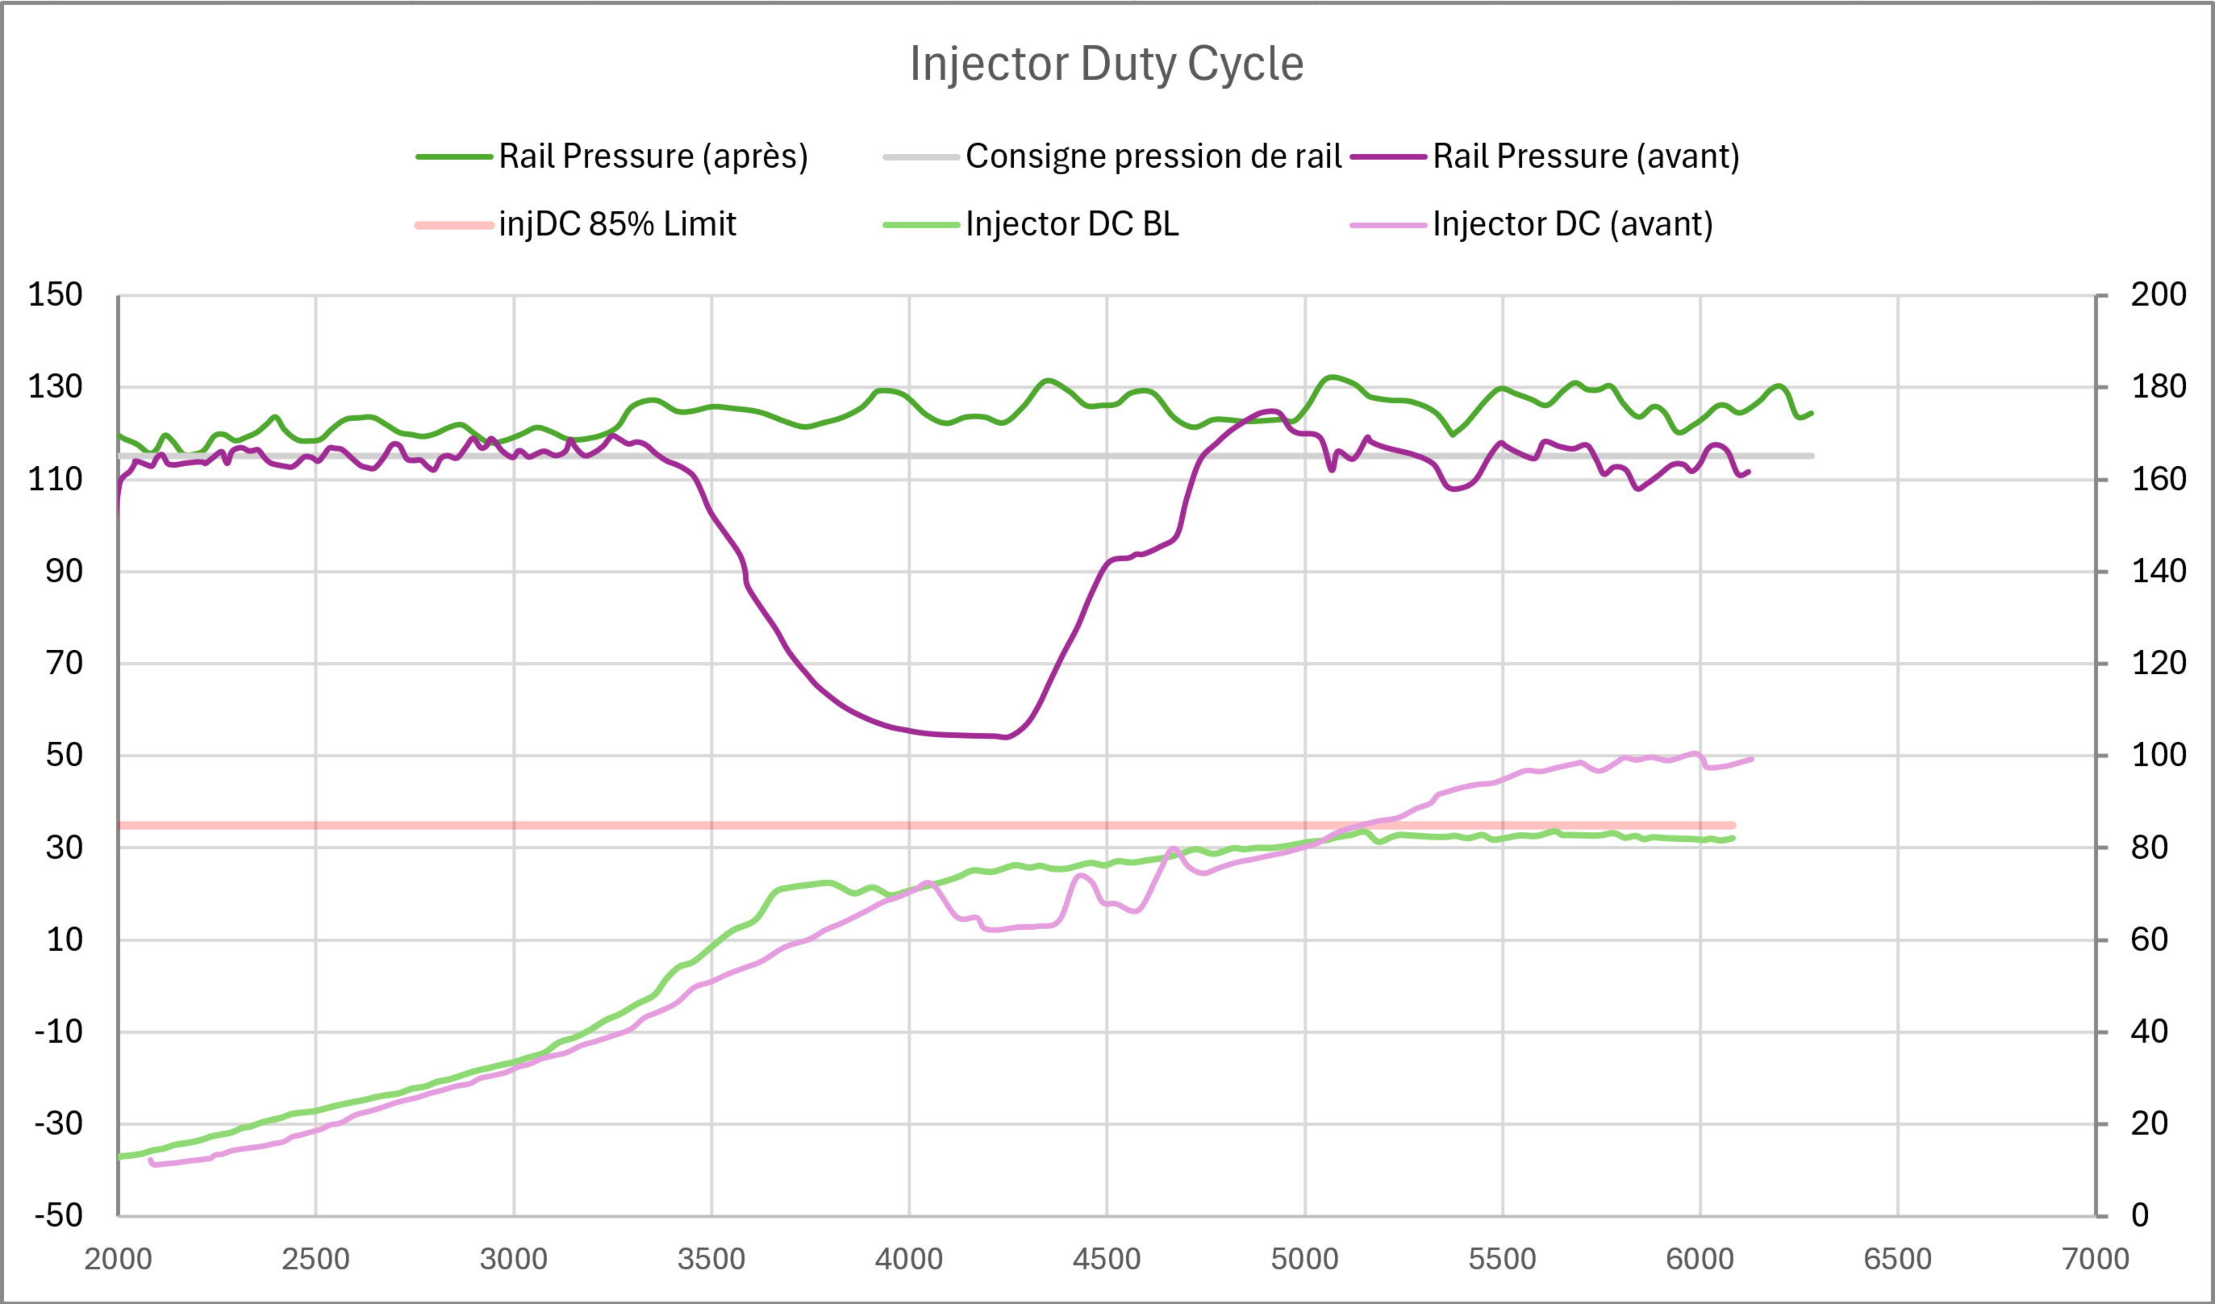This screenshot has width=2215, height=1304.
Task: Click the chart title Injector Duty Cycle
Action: click(1107, 65)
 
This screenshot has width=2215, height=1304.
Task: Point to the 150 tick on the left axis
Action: click(56, 294)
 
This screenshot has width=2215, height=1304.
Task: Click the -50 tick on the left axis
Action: click(58, 1215)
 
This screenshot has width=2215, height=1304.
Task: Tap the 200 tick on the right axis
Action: click(2158, 294)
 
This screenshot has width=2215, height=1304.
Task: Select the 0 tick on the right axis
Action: click(2140, 1215)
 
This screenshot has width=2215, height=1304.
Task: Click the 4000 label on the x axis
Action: click(909, 1259)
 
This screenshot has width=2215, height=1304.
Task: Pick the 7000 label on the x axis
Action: click(2096, 1259)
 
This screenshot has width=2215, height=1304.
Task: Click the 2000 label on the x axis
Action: click(118, 1259)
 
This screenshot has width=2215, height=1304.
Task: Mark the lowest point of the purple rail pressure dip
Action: click(1006, 737)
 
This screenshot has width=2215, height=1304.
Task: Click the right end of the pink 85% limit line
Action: click(1733, 825)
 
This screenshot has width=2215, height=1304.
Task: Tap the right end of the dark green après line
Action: click(1812, 413)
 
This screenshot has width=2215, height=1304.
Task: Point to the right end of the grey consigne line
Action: click(1812, 456)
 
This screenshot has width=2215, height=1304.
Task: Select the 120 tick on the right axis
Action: click(2158, 663)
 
